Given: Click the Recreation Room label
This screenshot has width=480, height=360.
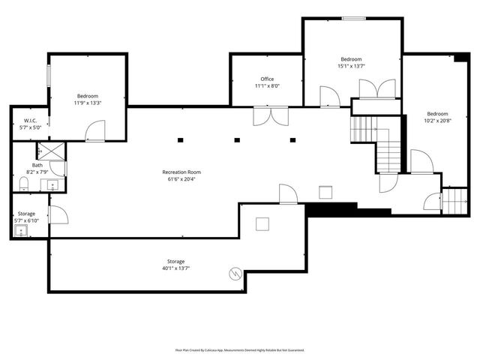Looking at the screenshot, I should pyautogui.click(x=181, y=172).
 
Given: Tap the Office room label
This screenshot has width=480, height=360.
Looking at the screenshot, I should pyautogui.click(x=267, y=79).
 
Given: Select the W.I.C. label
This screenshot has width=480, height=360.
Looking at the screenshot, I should pyautogui.click(x=30, y=120).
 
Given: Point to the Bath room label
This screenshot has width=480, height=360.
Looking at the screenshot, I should pyautogui.click(x=37, y=165).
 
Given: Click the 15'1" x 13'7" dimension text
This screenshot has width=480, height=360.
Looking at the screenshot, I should pyautogui.click(x=351, y=66).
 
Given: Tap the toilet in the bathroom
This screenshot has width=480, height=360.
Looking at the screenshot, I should pyautogui.click(x=22, y=184).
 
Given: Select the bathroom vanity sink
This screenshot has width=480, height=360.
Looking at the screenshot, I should pyautogui.click(x=53, y=183).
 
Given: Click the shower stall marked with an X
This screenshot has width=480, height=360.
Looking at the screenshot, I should pyautogui.click(x=52, y=149).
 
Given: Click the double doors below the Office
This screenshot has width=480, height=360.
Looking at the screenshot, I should pyautogui.click(x=270, y=116).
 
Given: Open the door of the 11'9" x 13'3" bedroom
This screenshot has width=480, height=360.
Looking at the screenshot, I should pyautogui.click(x=95, y=132).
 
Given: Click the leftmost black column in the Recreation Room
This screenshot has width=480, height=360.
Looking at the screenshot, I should pyautogui.click(x=181, y=139).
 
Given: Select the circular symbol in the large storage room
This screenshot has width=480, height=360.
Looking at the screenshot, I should pyautogui.click(x=235, y=273).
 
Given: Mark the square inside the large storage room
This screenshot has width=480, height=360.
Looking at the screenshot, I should pyautogui.click(x=262, y=223).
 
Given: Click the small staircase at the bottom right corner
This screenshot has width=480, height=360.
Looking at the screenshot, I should pyautogui.click(x=454, y=201).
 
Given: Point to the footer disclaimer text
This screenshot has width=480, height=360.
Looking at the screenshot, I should pyautogui.click(x=240, y=349).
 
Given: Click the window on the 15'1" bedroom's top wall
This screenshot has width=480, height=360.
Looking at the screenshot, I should pyautogui.click(x=353, y=17).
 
